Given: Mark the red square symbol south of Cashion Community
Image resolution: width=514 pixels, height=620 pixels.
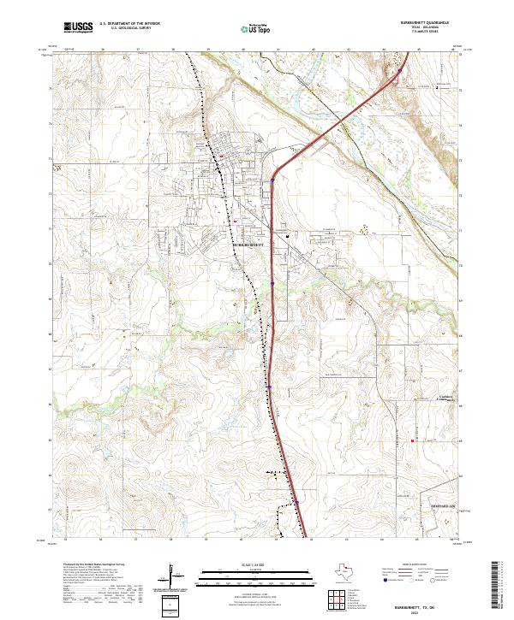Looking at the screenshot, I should [x=413, y=441].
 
